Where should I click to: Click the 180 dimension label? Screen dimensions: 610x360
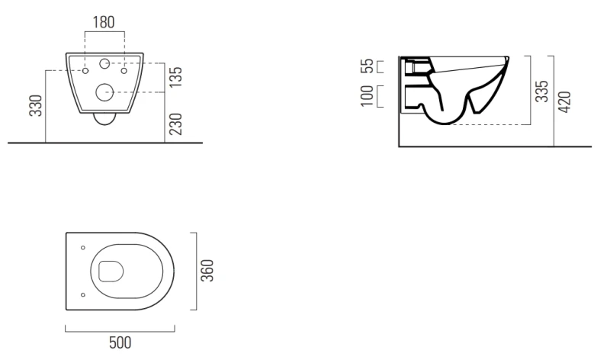point(104,22)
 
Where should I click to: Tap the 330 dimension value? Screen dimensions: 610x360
point(36,105)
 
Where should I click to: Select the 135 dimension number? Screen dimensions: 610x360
point(176,77)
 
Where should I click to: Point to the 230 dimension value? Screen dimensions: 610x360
point(176,124)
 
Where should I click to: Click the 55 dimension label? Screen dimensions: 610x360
point(368,66)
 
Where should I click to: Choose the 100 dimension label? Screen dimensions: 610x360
point(368,96)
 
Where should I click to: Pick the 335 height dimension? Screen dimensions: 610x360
point(541,92)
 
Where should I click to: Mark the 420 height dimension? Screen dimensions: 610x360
point(564,102)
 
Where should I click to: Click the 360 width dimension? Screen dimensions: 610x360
point(207,271)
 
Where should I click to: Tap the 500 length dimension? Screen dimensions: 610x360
point(120,342)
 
